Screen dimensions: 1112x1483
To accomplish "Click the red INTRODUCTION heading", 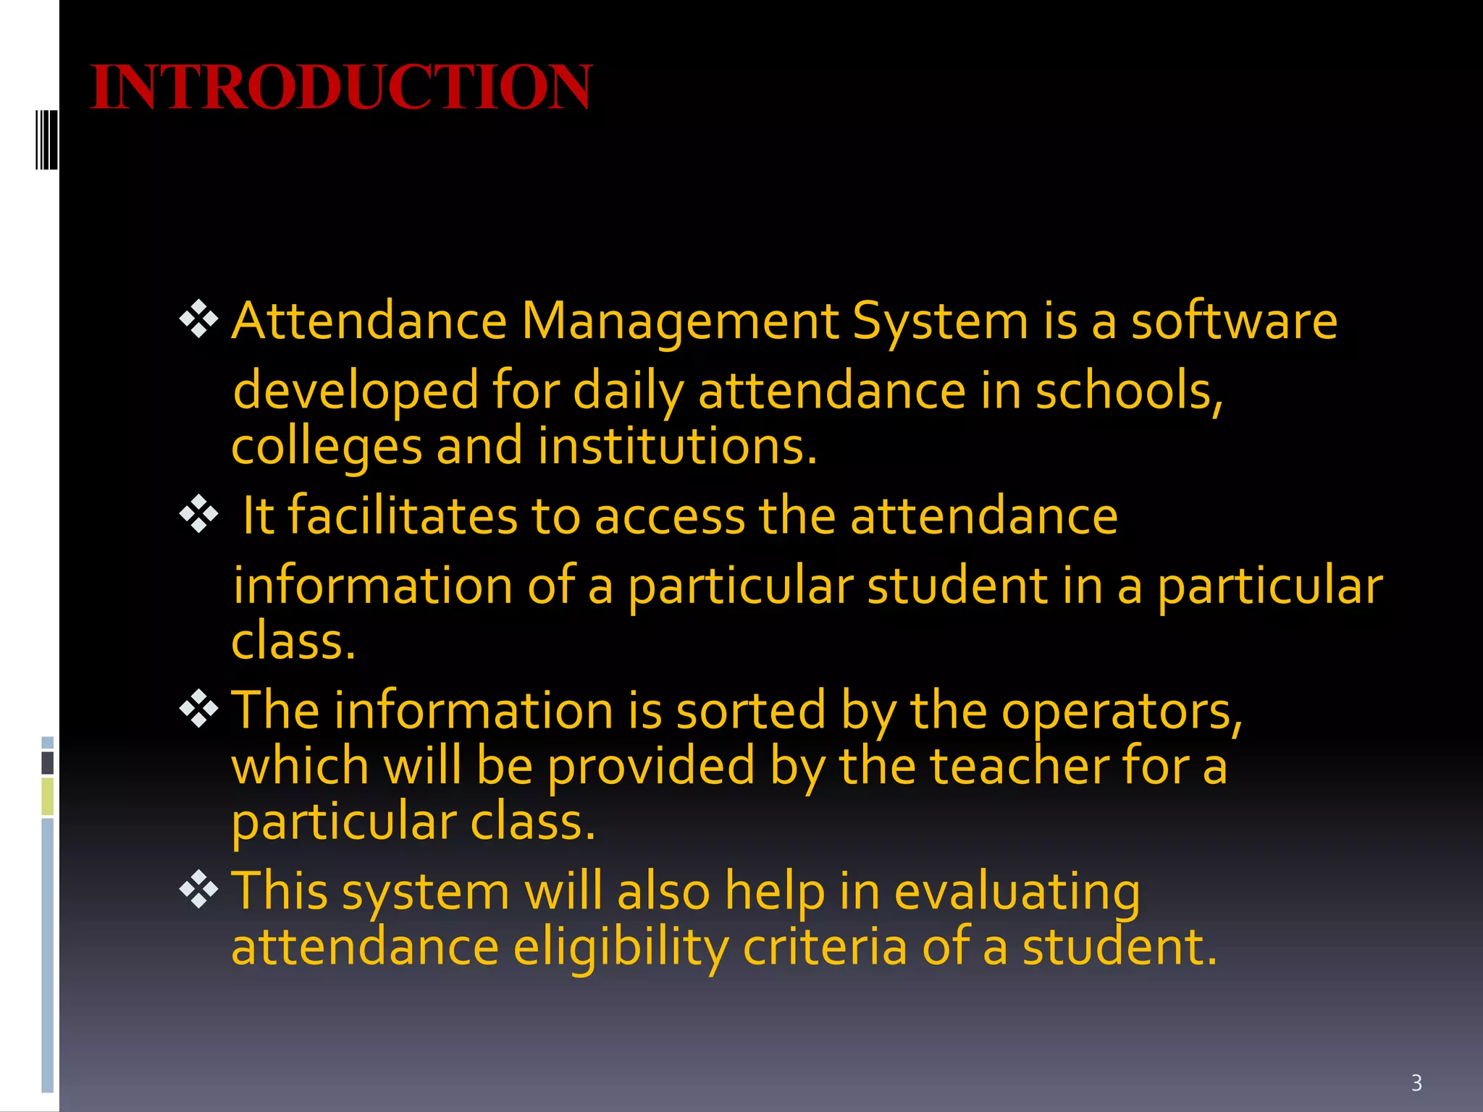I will point(341,88).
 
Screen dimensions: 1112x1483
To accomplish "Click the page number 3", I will point(1416,1083).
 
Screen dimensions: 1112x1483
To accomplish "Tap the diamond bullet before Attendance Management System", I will point(198,319).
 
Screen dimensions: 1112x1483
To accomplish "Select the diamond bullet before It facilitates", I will point(198,514).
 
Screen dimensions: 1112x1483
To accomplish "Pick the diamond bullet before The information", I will point(198,709).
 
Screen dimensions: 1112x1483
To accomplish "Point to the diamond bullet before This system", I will point(198,890).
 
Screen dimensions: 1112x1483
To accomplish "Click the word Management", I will point(679,321).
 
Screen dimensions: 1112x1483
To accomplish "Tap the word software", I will point(1234,321).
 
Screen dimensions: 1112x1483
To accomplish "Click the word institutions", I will point(677,446).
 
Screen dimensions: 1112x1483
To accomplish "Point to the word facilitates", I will point(403,515).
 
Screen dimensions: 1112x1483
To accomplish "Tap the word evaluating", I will point(1017,892).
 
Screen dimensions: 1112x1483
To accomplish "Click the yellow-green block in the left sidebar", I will point(48,796).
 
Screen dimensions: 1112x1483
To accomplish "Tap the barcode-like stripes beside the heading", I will point(46,139).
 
